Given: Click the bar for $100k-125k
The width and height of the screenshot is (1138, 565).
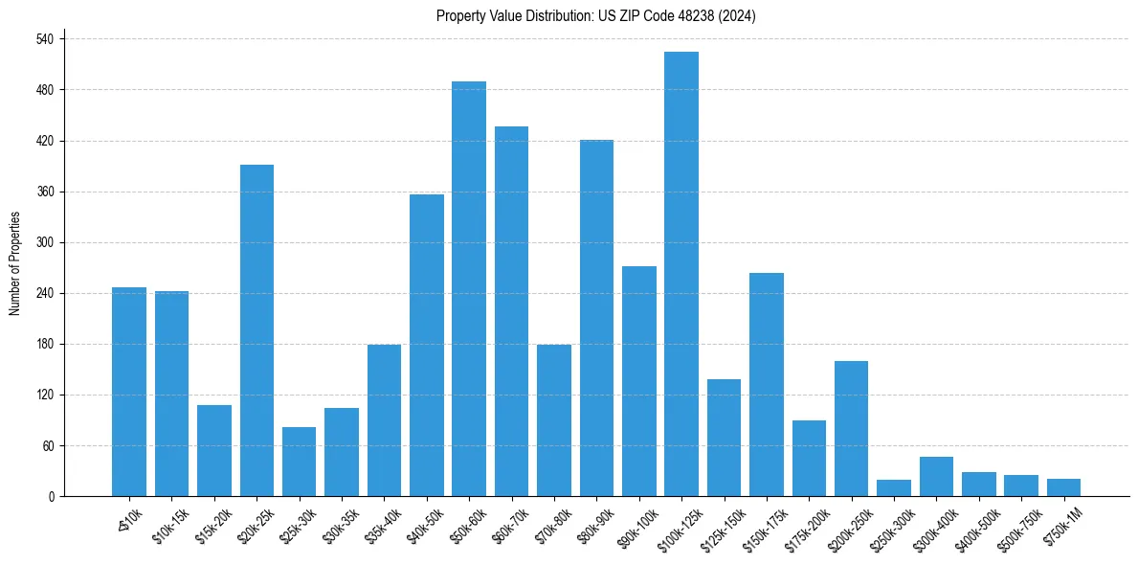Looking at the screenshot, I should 681,274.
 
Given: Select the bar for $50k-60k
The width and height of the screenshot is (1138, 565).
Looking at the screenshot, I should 469,289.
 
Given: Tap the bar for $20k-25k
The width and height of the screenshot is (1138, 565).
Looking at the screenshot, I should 257,330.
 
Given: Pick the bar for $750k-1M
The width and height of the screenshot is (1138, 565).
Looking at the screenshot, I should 1063,487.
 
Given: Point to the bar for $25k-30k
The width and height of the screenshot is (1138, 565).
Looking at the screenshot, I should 299,462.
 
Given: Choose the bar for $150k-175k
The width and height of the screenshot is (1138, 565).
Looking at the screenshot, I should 767,385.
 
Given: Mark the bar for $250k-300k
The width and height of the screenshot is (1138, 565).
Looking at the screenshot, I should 894,487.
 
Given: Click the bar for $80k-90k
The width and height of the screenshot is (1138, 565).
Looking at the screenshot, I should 596,318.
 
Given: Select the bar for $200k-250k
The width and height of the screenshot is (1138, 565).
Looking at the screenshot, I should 851,428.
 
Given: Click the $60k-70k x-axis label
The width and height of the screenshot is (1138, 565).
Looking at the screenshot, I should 507,524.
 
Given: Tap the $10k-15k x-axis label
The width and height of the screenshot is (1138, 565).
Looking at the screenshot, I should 168,524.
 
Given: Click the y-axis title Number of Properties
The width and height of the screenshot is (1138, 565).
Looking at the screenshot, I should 15,263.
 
